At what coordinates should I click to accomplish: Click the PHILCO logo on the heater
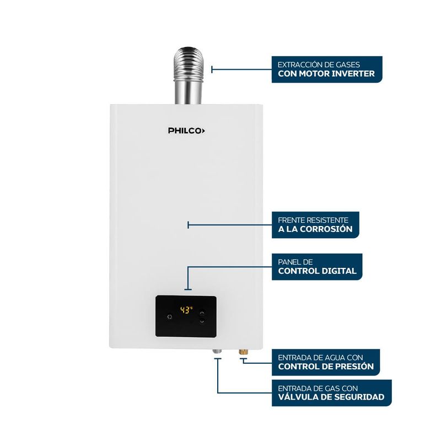click(186, 131)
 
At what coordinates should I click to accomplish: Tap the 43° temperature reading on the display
click(186, 310)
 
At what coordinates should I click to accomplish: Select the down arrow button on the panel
click(202, 321)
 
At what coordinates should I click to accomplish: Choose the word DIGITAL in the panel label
click(338, 271)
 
